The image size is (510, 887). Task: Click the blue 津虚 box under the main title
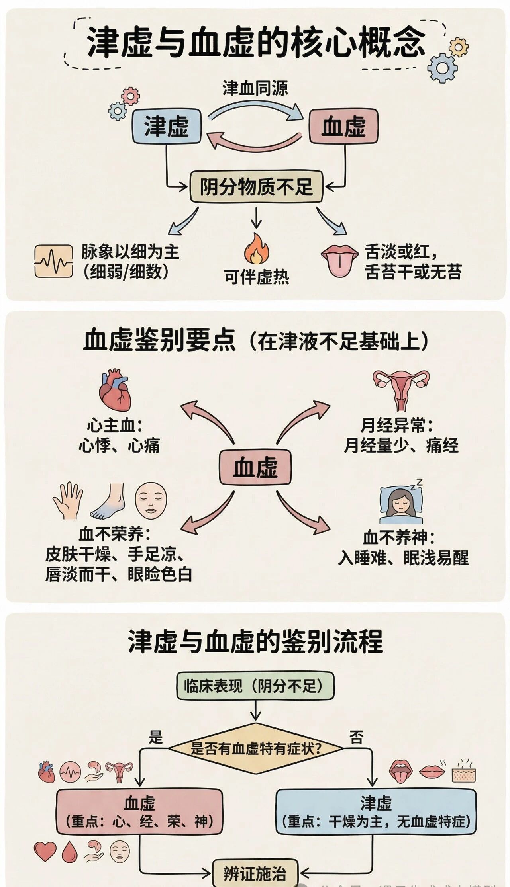click(x=166, y=126)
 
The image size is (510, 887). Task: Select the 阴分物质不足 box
click(x=256, y=186)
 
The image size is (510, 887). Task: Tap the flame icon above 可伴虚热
click(x=257, y=249)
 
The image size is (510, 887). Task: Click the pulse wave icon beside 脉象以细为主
click(x=53, y=261)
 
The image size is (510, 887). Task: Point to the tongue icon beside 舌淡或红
click(x=339, y=260)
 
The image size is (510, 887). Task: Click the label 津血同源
click(x=255, y=88)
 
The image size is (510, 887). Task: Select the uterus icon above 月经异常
click(x=401, y=389)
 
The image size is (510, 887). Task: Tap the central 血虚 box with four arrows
click(x=255, y=467)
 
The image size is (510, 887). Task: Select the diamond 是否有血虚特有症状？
click(x=255, y=748)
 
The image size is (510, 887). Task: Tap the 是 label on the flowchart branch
click(x=156, y=737)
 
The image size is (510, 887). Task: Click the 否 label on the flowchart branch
click(x=356, y=737)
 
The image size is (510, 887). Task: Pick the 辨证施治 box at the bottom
click(x=255, y=873)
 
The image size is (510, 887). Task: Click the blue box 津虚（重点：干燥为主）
click(x=376, y=812)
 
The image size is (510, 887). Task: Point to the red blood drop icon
click(x=69, y=852)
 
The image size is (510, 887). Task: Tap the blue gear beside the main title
click(x=442, y=68)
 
